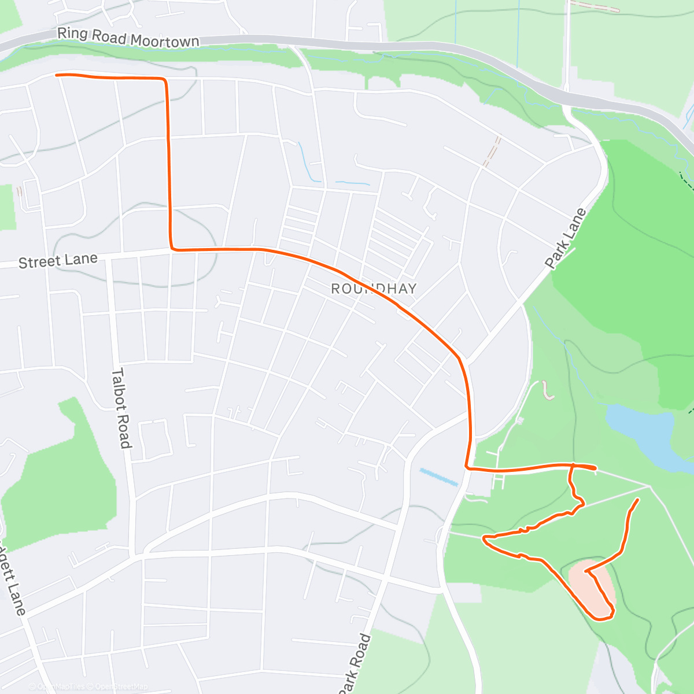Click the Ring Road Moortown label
click(x=128, y=38)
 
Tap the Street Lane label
click(x=58, y=261)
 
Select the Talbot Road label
click(x=120, y=408)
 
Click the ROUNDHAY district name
click(x=374, y=289)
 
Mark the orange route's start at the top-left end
click(x=56, y=75)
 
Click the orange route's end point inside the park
click(x=638, y=499)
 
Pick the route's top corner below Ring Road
click(x=166, y=80)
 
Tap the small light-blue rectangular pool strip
click(x=439, y=476)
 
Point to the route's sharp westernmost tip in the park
click(x=485, y=538)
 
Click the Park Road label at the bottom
click(x=354, y=664)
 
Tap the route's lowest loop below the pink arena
click(x=603, y=618)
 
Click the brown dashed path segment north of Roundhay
click(x=492, y=152)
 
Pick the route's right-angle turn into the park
click(x=467, y=467)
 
